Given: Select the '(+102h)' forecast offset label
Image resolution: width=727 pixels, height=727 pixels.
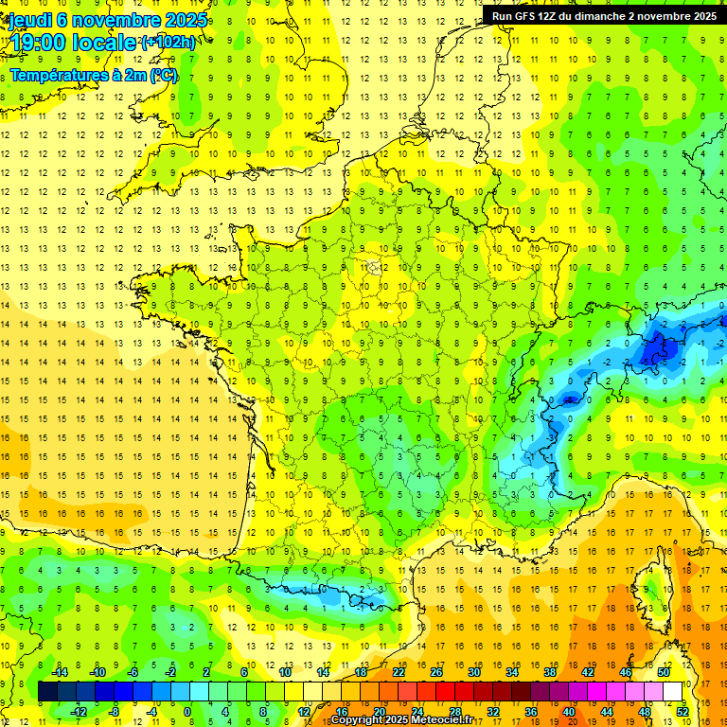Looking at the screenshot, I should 168,43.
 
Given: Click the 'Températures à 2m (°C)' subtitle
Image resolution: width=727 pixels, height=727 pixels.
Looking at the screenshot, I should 94,75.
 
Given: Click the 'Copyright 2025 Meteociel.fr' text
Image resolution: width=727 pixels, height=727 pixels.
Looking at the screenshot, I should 401,720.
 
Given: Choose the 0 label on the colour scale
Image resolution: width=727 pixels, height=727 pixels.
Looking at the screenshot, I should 187,711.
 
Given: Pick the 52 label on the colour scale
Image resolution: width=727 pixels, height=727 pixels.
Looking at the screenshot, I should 683,711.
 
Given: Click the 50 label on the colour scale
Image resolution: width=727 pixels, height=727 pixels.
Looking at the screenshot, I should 664,672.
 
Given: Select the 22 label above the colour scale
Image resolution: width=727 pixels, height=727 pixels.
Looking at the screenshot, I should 399,672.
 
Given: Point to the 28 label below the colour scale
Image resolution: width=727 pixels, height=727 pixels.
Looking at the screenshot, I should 455,711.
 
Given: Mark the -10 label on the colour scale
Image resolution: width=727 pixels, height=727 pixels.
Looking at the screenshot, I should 97,672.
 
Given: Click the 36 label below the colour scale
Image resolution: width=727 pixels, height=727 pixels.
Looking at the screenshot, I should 531,711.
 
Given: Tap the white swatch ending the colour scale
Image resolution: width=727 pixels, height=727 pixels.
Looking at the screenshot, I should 673,691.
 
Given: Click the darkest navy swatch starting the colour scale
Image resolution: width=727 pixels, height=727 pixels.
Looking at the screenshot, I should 48,691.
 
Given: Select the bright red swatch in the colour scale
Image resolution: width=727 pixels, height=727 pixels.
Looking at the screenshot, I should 446,691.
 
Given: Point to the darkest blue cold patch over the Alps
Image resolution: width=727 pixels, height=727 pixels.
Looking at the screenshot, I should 655,350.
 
